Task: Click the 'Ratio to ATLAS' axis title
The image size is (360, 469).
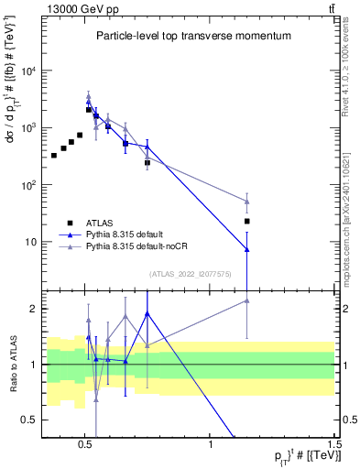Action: click(x=13, y=364)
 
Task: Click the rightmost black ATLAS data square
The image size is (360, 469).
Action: click(x=247, y=221)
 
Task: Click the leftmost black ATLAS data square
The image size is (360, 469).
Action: click(x=54, y=156)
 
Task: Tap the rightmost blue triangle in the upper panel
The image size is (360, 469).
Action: click(x=247, y=249)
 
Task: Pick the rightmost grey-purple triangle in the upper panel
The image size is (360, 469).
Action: click(x=247, y=202)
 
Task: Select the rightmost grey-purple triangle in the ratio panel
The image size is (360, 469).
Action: click(x=247, y=300)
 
